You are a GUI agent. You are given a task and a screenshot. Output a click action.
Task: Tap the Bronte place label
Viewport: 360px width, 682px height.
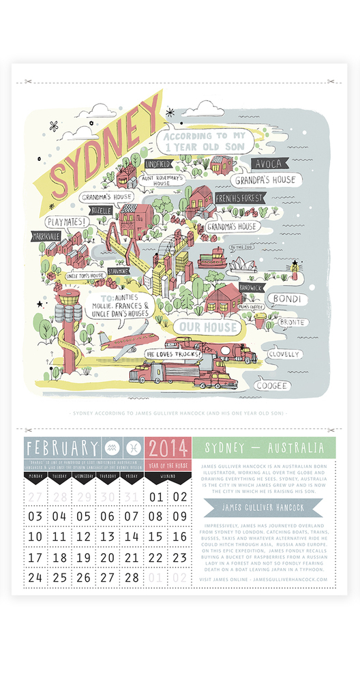coord(291,322)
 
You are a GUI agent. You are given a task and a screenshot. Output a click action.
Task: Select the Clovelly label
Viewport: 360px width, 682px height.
coord(284,354)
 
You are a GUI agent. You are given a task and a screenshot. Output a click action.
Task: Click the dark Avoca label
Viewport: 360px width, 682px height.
coord(269,164)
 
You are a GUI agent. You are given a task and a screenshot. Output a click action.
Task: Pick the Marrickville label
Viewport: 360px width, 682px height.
coord(45,236)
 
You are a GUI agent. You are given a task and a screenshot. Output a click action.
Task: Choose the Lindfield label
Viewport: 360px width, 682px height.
coord(157,164)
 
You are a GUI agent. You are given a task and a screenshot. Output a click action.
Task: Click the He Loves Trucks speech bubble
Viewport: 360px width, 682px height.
coord(172,355)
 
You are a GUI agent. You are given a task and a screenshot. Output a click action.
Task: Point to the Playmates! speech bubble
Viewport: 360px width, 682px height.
coord(65,222)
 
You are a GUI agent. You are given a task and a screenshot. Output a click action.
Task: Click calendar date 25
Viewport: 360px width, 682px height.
coord(59,577)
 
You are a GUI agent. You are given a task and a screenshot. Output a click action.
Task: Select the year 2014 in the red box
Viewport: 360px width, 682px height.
coord(168,449)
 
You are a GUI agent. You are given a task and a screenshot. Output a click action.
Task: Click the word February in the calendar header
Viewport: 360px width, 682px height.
coord(61,448)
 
